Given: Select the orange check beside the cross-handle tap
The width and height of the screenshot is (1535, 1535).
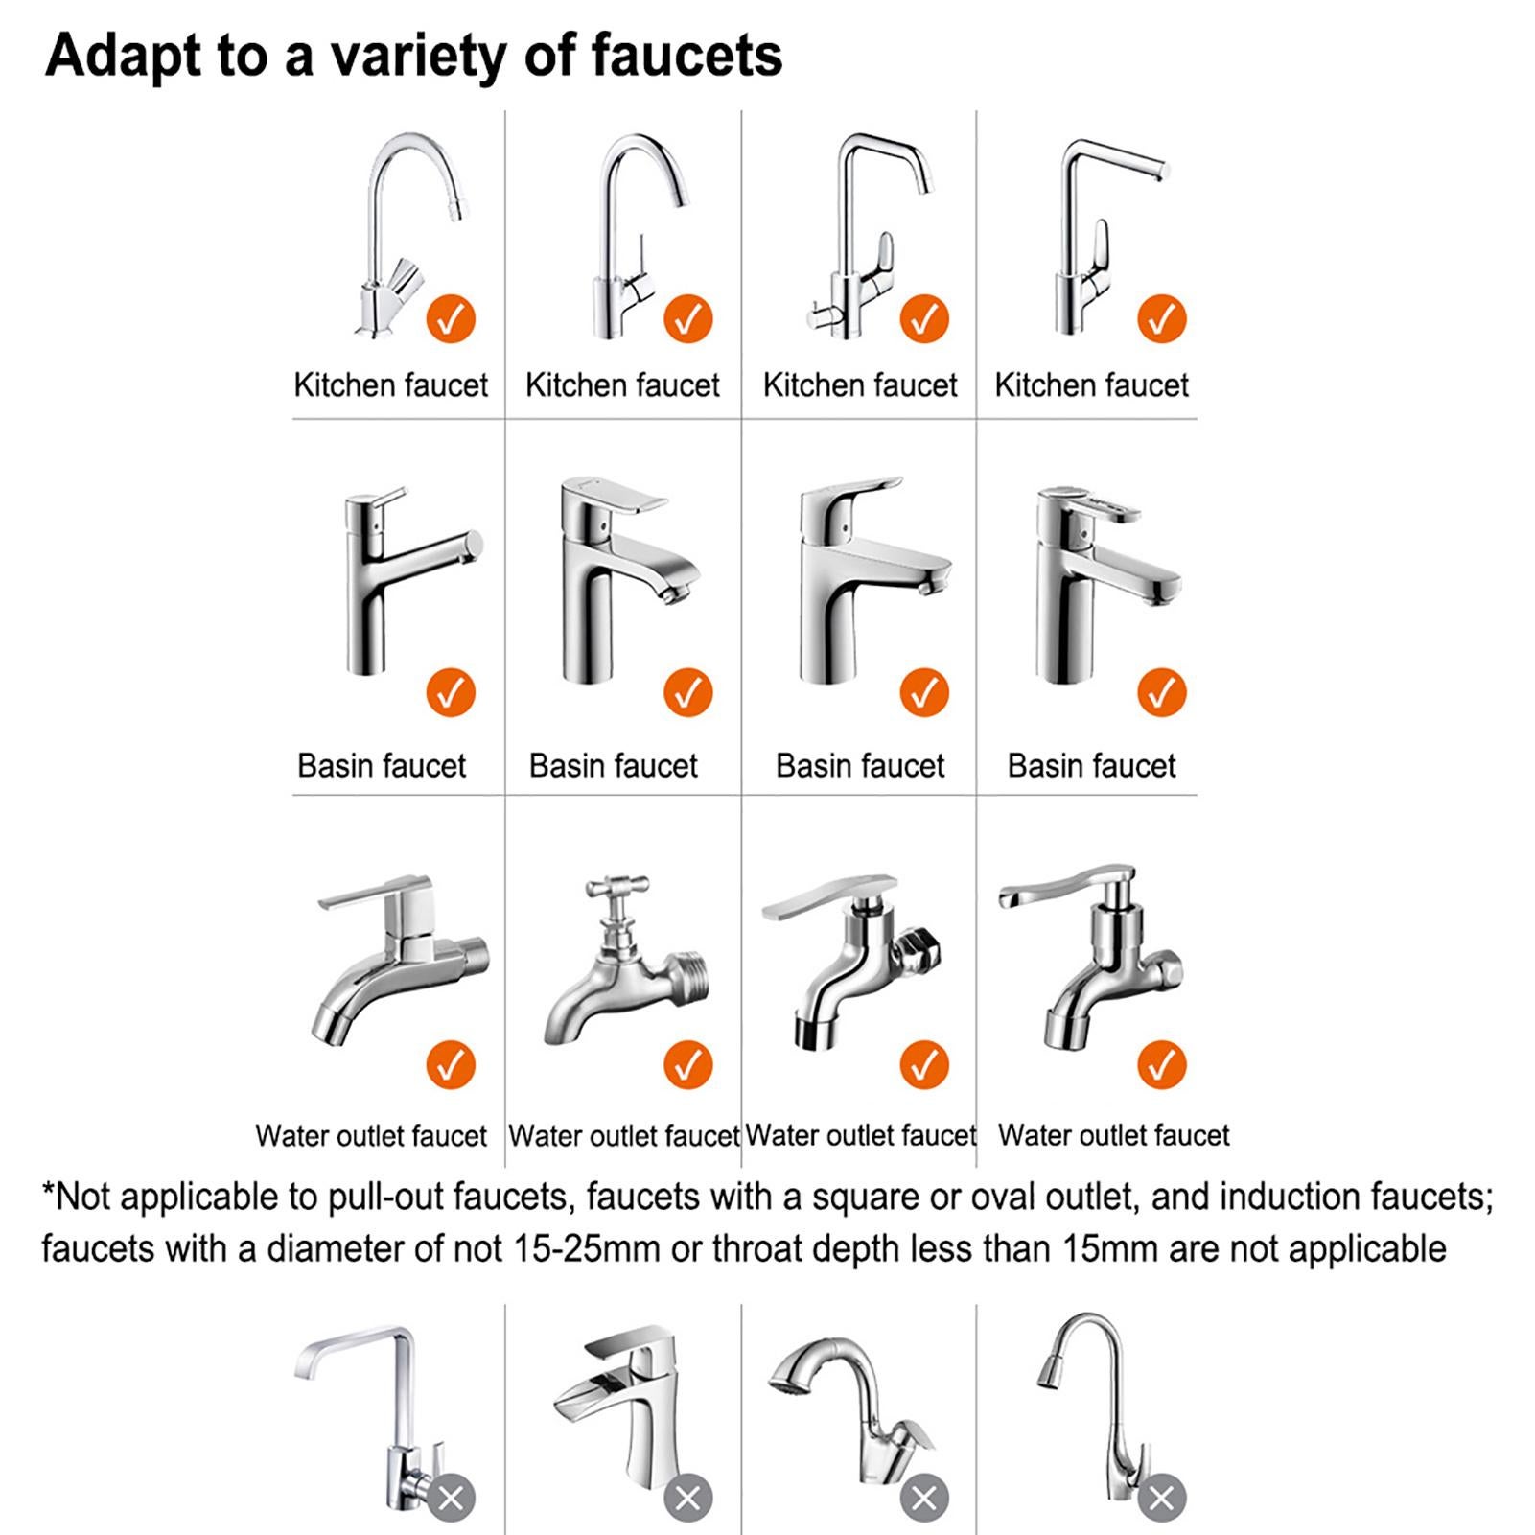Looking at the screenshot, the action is pyautogui.click(x=688, y=1065).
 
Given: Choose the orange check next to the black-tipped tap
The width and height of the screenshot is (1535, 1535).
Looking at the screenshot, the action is pyautogui.click(x=924, y=1065).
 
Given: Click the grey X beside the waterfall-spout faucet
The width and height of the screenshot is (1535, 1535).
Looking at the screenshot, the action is pyautogui.click(x=688, y=1498).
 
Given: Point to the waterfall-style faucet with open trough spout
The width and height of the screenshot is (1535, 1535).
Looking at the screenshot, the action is pyautogui.click(x=623, y=1409).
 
